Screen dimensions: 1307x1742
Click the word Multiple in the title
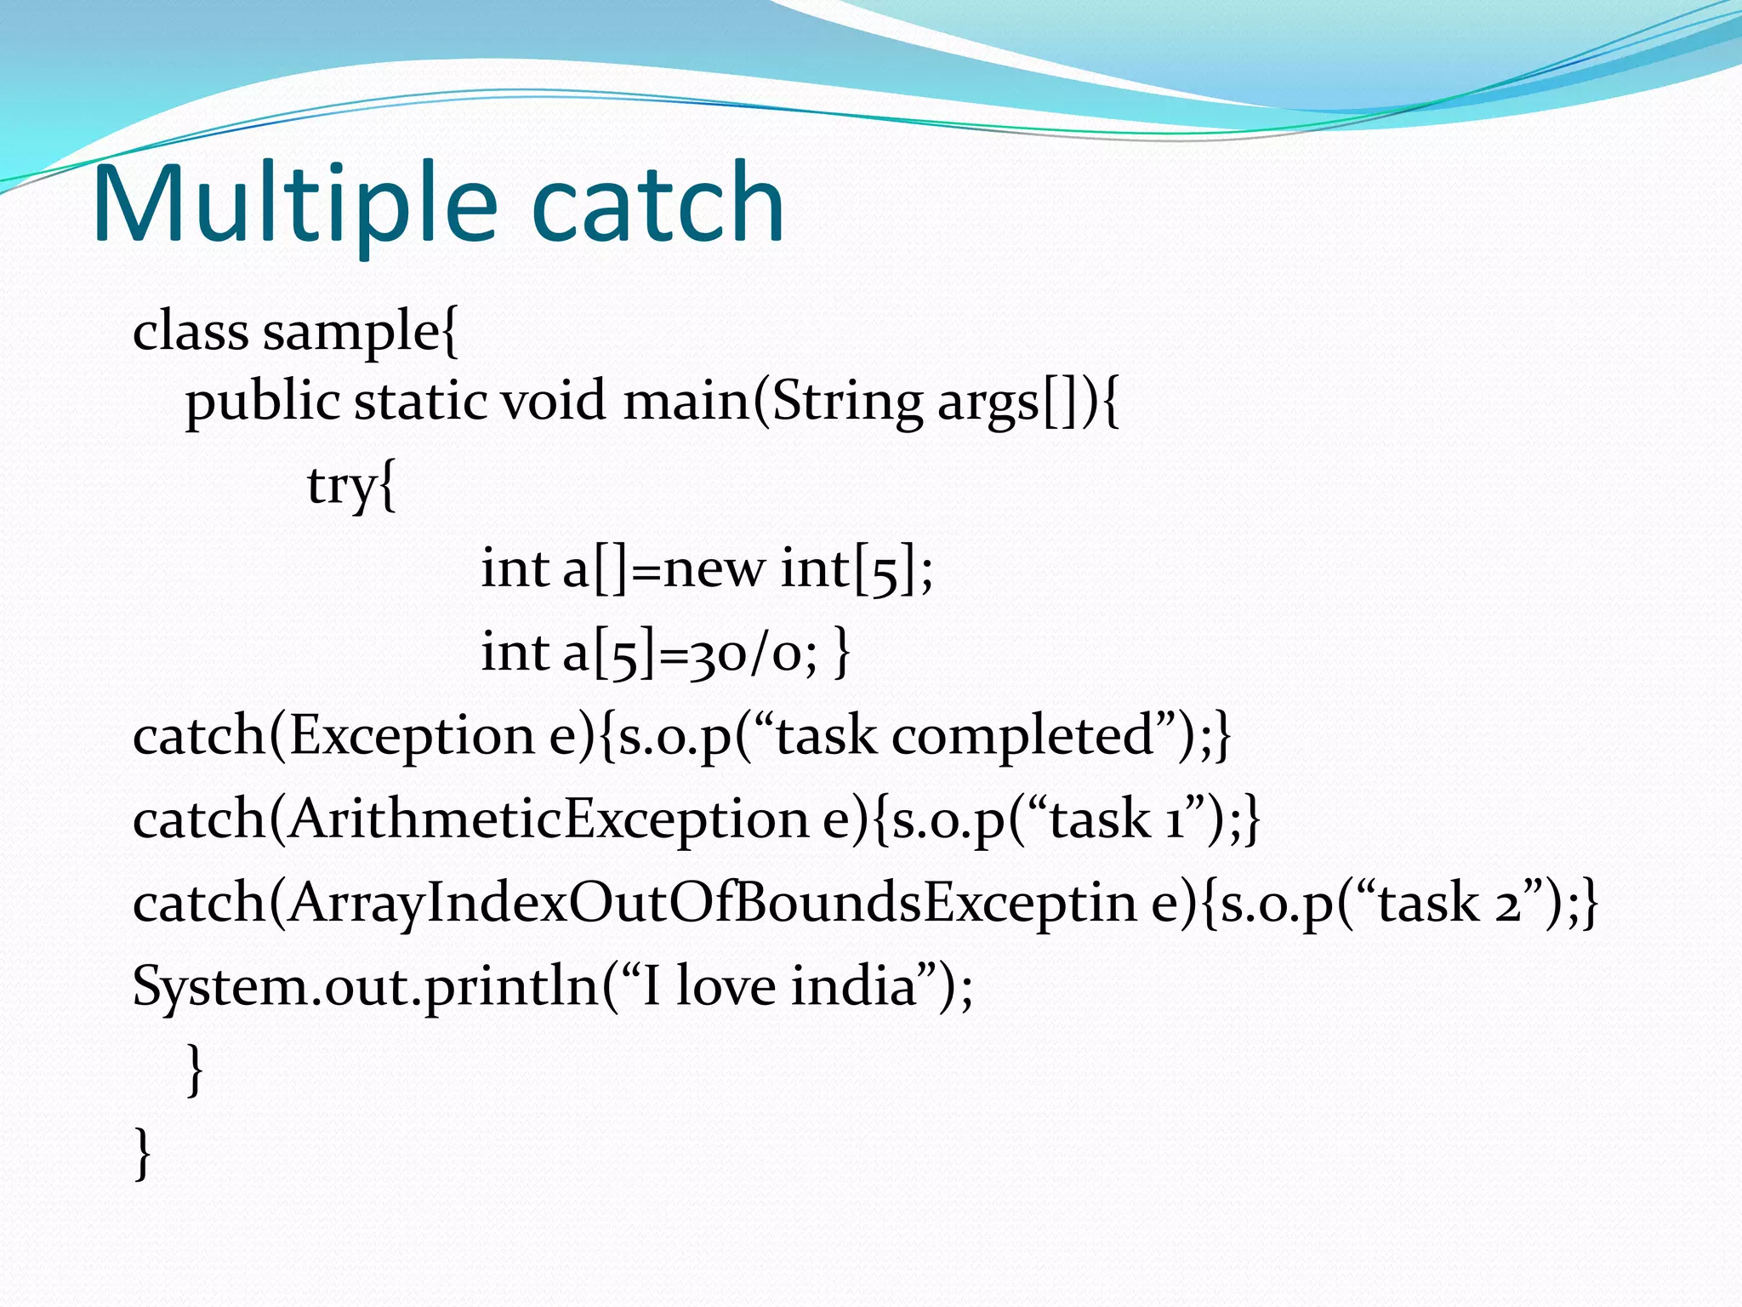[x=294, y=204]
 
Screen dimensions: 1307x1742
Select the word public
[x=263, y=402]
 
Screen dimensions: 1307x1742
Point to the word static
[x=420, y=402]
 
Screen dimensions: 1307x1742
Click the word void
[x=553, y=402]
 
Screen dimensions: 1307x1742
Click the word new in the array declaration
[x=714, y=568]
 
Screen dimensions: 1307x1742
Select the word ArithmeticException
[x=549, y=819]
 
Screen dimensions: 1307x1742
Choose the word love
[x=726, y=986]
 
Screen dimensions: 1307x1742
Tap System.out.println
[x=366, y=986]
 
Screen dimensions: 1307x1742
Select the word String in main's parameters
[x=847, y=402]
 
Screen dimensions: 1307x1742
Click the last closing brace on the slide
[x=143, y=1153]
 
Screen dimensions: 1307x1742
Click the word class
[x=191, y=332]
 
